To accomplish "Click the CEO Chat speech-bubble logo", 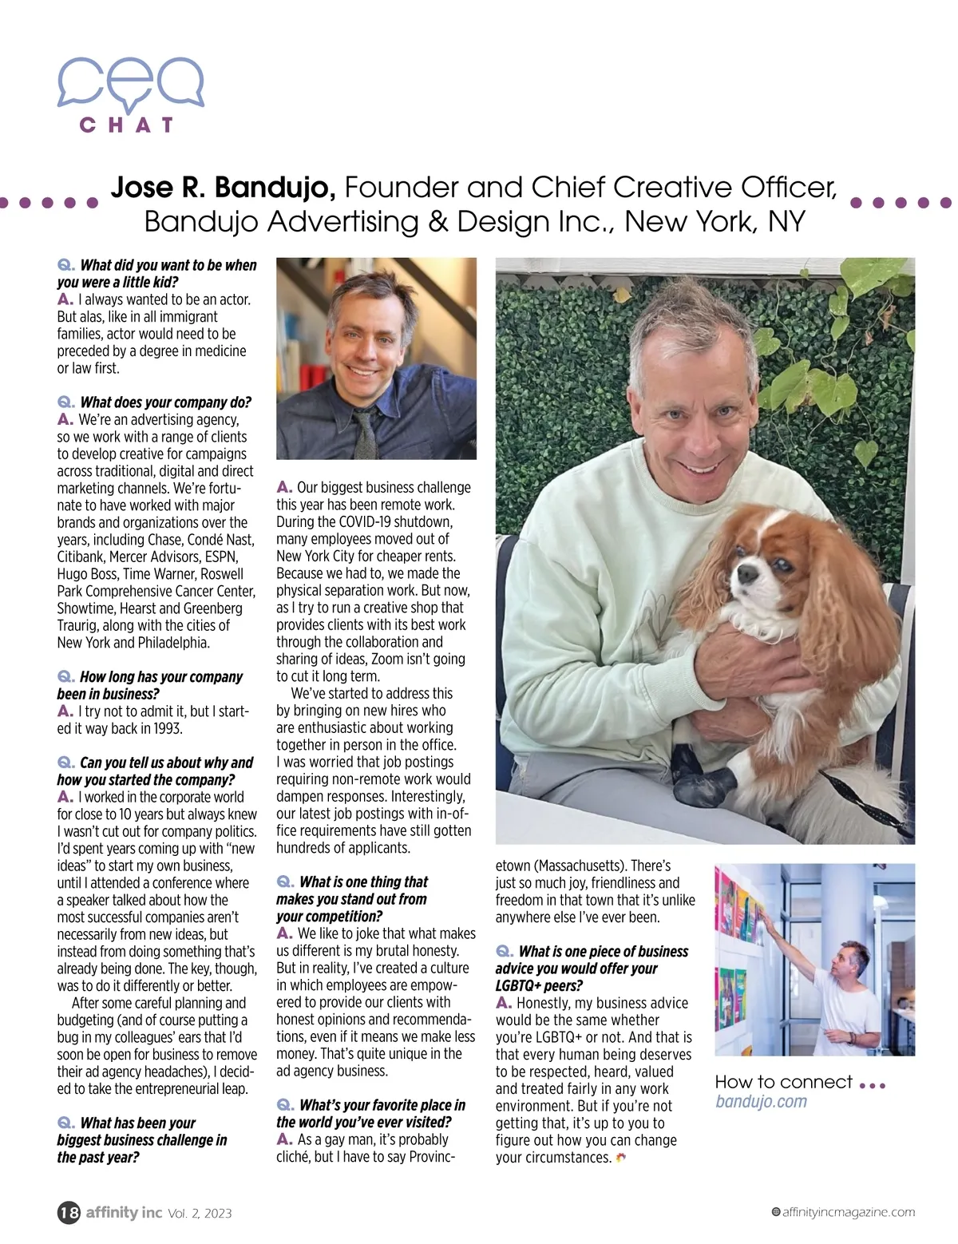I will pyautogui.click(x=130, y=84).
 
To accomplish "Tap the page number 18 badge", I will pyautogui.click(x=69, y=1213).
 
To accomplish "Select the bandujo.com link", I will pyautogui.click(x=761, y=1102).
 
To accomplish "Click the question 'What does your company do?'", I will pyautogui.click(x=165, y=402).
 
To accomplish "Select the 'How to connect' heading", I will pyautogui.click(x=784, y=1082).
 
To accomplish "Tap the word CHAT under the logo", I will pyautogui.click(x=126, y=125).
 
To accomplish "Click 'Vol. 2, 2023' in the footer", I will pyautogui.click(x=200, y=1214).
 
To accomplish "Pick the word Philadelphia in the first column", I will pyautogui.click(x=172, y=643).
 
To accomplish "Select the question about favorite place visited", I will pyautogui.click(x=370, y=1113).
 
